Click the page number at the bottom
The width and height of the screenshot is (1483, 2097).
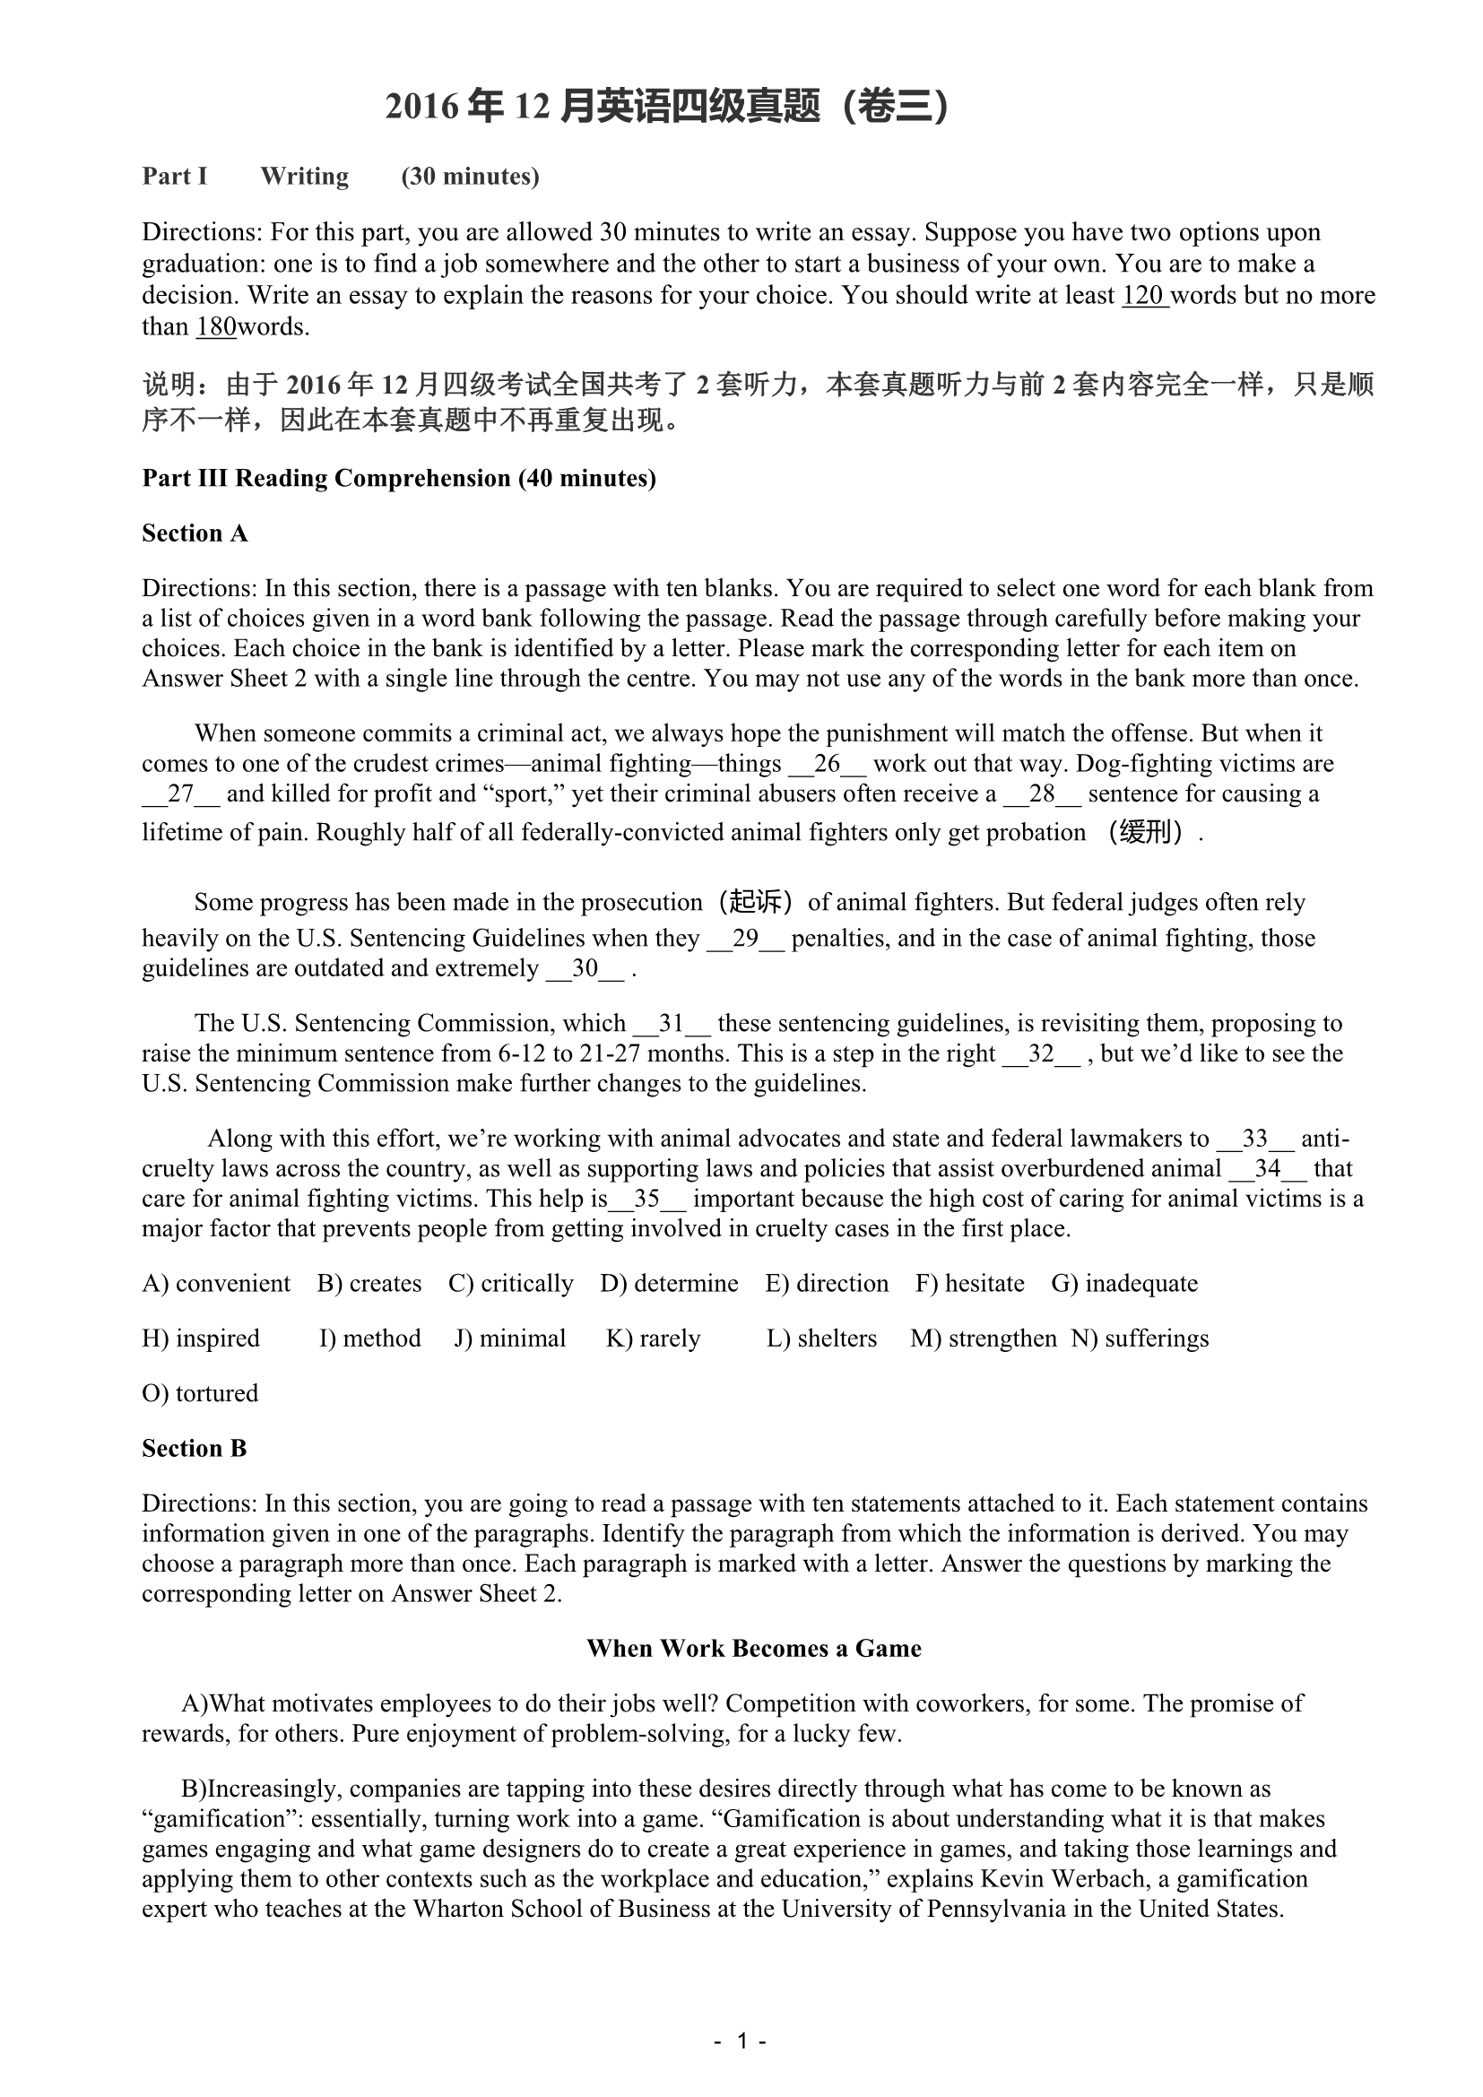click(741, 2041)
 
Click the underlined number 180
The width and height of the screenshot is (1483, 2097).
click(215, 327)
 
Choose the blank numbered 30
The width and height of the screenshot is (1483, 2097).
click(585, 968)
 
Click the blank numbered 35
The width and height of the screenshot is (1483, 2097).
click(646, 1199)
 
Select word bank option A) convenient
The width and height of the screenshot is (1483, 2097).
click(216, 1283)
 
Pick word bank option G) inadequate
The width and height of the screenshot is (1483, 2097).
click(1124, 1283)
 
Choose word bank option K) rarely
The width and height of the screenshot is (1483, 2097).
click(653, 1338)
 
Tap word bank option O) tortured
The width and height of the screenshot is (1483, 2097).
click(200, 1393)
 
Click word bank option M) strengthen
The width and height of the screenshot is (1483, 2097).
click(984, 1338)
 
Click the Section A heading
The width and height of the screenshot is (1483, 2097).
click(195, 533)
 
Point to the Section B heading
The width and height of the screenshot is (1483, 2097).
click(195, 1449)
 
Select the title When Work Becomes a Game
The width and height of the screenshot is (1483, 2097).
click(753, 1649)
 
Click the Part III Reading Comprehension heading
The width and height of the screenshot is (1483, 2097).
click(399, 479)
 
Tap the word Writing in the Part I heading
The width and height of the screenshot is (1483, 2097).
click(304, 177)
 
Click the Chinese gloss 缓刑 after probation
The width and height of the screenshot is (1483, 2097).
click(1144, 832)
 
